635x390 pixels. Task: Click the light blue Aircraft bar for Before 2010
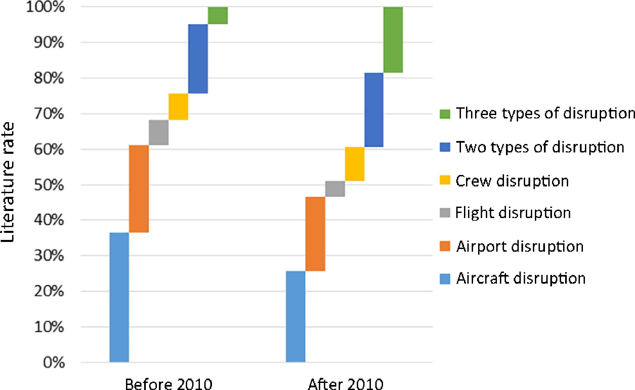tap(119, 297)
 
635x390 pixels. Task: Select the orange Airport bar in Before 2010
tap(139, 188)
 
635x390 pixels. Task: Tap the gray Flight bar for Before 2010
tap(159, 132)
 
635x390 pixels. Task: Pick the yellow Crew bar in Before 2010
tap(178, 106)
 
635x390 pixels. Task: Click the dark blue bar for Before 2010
tap(198, 59)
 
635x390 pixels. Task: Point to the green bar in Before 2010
tap(218, 15)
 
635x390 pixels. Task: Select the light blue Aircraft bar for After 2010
tap(296, 316)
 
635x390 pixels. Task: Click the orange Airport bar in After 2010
tap(315, 234)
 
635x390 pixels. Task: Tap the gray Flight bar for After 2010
tap(335, 189)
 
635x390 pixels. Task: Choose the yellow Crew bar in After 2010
tap(354, 164)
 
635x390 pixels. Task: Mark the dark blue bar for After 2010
tap(374, 110)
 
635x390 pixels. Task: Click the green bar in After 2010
tap(393, 40)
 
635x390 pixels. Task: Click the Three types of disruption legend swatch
tap(445, 114)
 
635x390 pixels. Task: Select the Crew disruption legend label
tap(512, 181)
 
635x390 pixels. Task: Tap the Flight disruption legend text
tap(513, 213)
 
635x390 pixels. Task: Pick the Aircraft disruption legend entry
tap(520, 278)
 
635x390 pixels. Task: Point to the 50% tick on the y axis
tap(49, 185)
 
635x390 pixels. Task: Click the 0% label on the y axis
tap(54, 362)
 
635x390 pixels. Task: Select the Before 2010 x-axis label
tap(169, 384)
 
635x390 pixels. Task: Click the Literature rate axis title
tap(8, 182)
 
